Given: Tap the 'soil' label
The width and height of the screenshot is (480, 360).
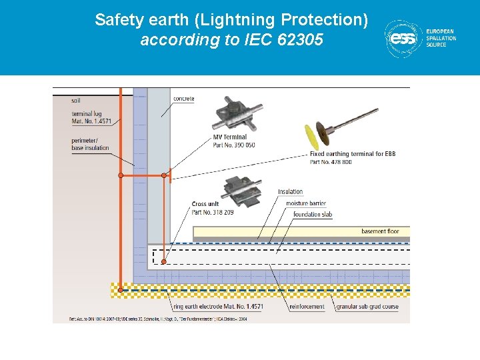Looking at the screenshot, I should (x=77, y=101).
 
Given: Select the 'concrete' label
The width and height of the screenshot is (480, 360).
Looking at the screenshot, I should (x=184, y=99).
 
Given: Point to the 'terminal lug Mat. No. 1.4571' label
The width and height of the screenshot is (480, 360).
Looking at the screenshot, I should (x=91, y=118).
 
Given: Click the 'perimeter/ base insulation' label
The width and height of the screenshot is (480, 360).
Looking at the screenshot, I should (x=91, y=144).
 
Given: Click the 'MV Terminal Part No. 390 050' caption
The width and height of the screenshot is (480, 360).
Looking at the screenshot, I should (x=233, y=141).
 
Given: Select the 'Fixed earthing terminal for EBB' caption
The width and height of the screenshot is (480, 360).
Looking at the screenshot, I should (x=353, y=154).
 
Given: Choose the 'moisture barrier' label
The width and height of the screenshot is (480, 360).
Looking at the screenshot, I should (x=306, y=203).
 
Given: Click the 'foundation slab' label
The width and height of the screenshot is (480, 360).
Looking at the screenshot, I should (x=313, y=215).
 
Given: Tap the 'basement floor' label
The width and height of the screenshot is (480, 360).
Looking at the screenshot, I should (x=380, y=231).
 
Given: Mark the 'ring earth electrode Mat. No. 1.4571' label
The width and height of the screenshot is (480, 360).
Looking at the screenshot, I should (x=218, y=307).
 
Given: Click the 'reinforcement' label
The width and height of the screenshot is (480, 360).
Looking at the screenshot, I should (x=307, y=307).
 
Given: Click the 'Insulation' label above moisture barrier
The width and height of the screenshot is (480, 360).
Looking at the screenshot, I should (x=291, y=192).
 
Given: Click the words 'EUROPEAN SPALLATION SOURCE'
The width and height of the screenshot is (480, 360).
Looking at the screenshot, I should (x=441, y=38).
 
